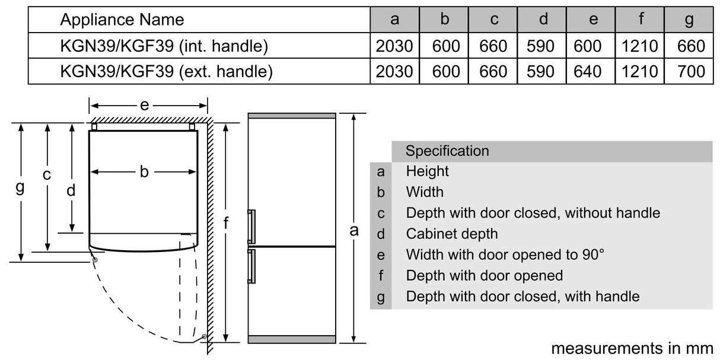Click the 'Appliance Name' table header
122,20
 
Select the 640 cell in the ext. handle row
587,71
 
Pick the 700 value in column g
691,71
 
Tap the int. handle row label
164,46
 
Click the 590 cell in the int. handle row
540,46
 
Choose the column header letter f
641,18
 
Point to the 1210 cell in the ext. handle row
640,71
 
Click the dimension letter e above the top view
144,105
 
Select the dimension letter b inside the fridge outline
144,171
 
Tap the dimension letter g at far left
20,187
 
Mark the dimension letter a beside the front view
354,231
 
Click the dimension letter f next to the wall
226,222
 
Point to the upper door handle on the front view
251,227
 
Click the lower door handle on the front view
251,266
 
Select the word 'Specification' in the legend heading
447,151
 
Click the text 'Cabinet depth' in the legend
451,234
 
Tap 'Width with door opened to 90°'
505,254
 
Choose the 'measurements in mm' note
632,348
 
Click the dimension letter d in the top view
71,190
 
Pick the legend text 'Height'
427,171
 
